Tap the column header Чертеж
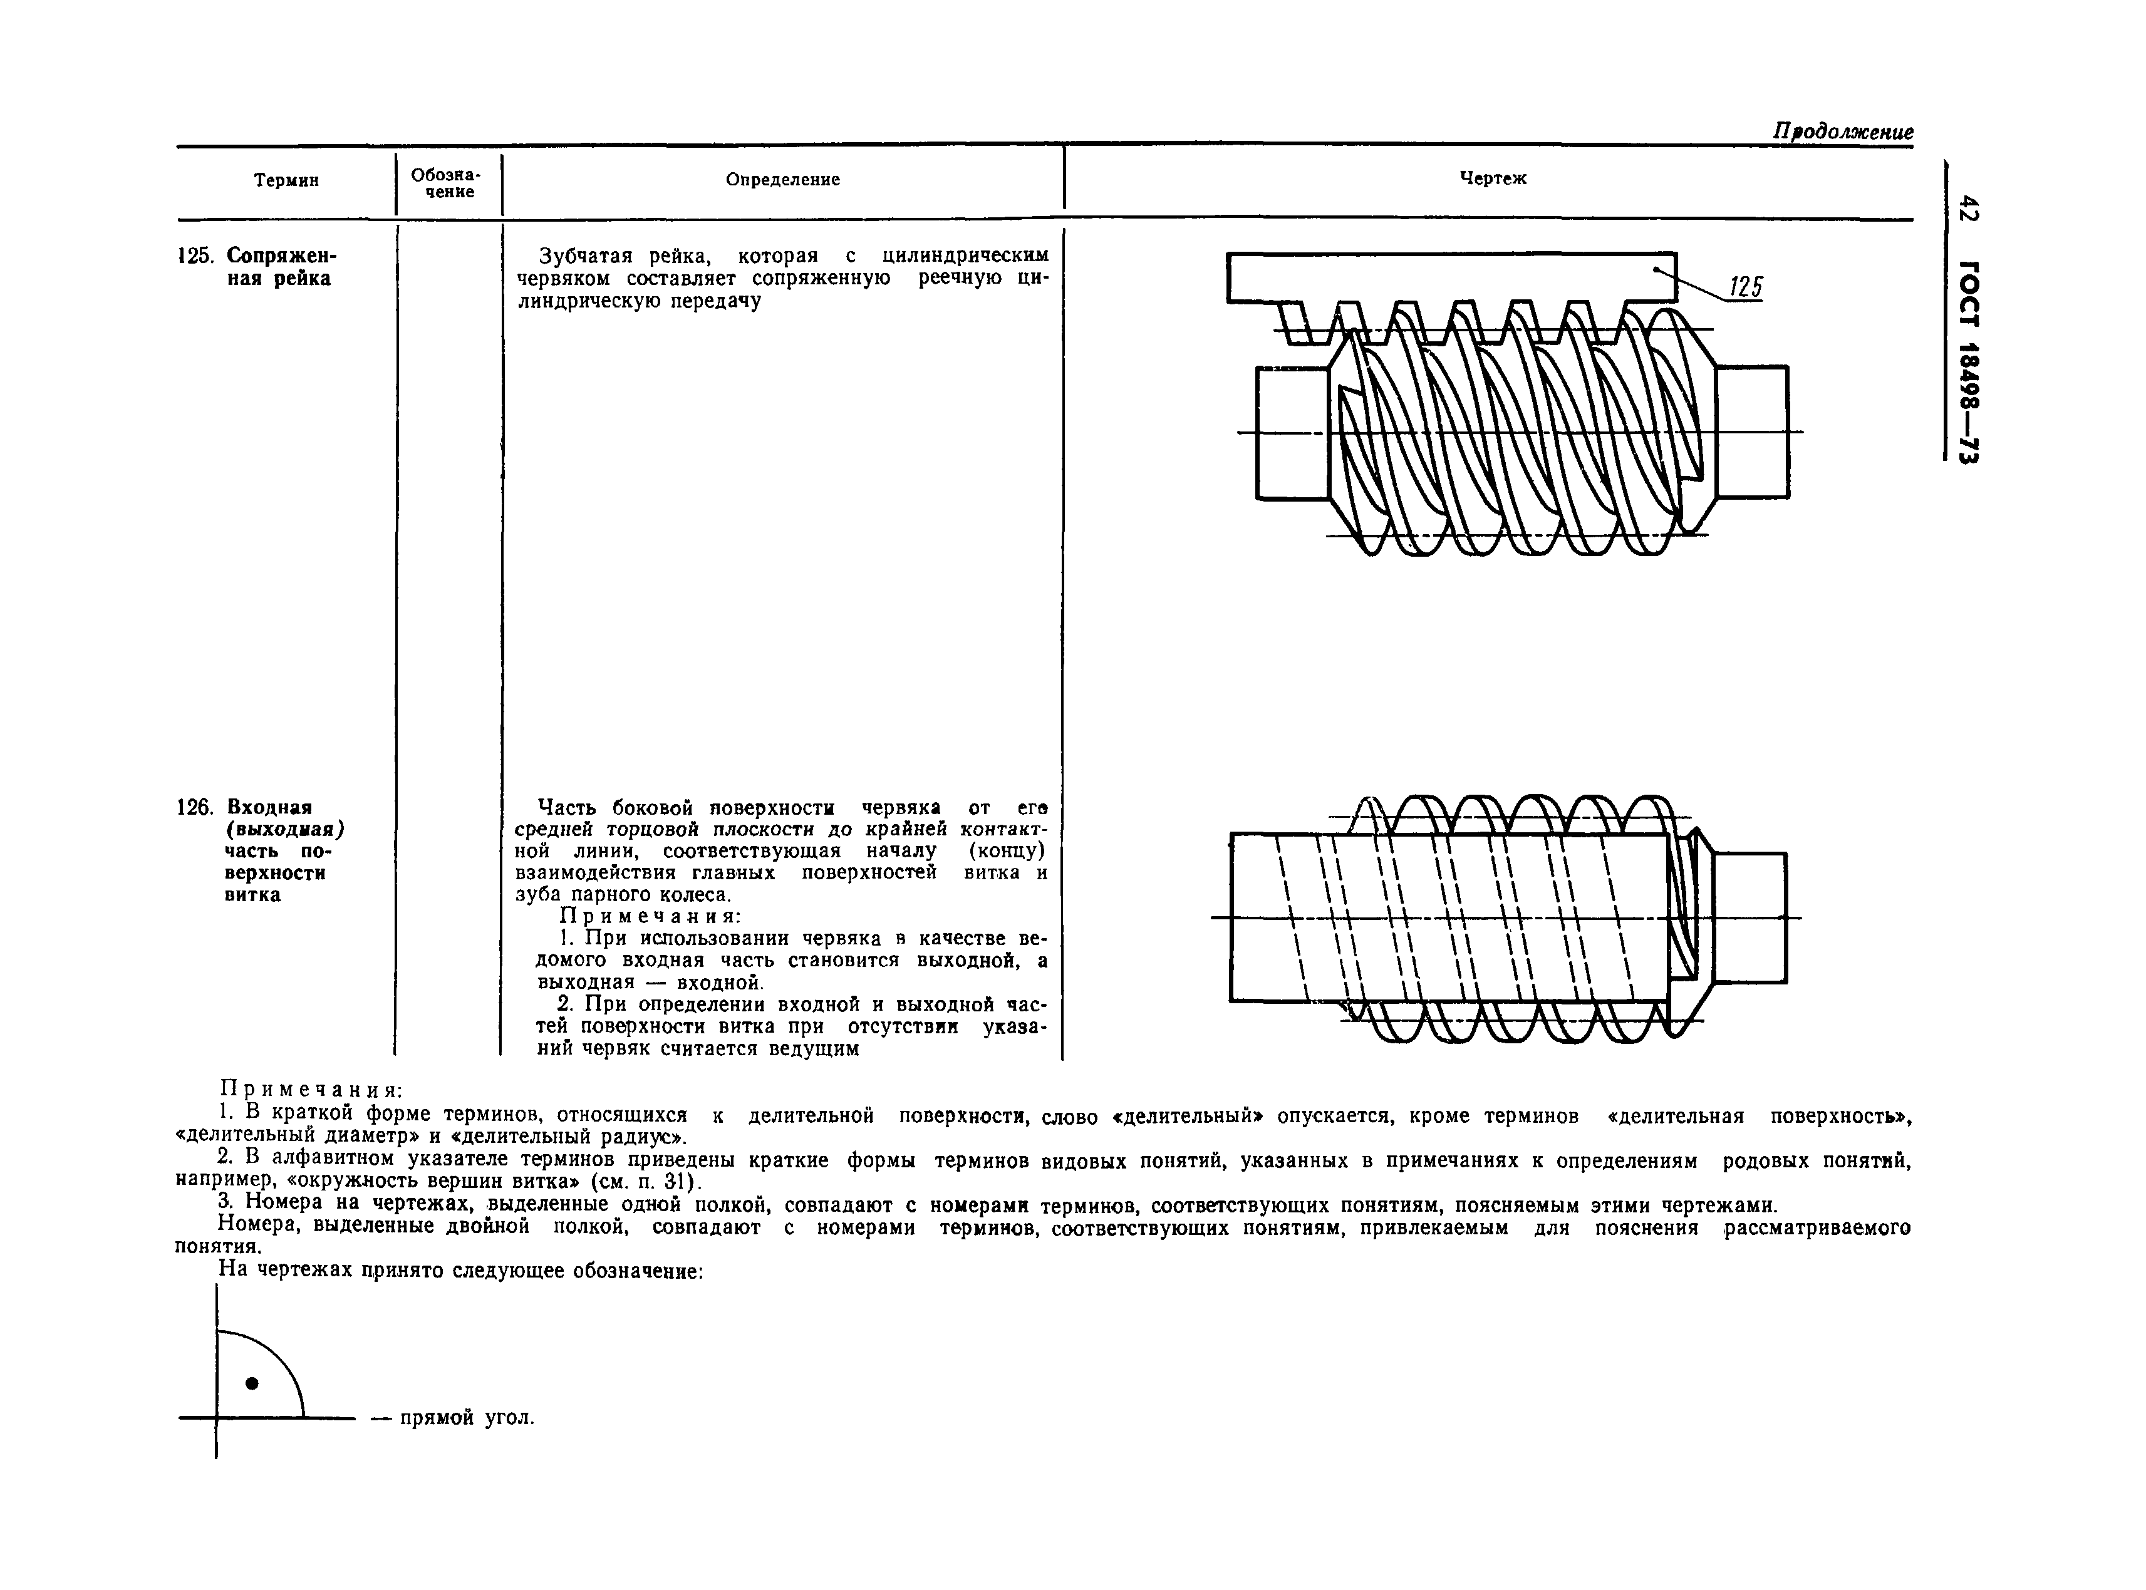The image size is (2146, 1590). (x=1492, y=179)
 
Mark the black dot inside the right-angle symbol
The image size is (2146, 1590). (x=252, y=1383)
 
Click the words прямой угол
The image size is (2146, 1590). (x=466, y=1418)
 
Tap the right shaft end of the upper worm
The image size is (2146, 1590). (x=1751, y=432)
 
